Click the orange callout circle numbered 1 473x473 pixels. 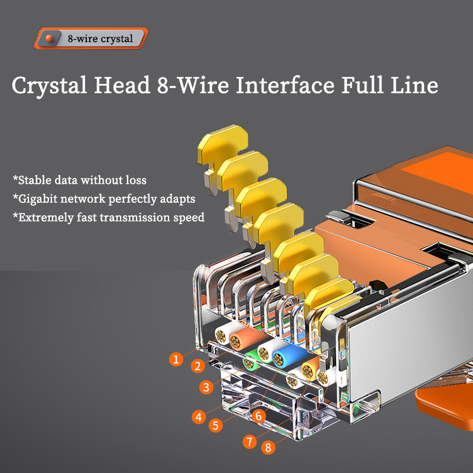point(176,359)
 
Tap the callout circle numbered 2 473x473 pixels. point(198,366)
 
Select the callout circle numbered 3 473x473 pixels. point(206,387)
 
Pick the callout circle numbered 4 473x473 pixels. point(199,417)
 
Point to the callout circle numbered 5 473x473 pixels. point(216,425)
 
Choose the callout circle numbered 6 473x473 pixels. point(258,416)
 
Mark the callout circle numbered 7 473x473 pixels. point(250,442)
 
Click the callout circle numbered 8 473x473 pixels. point(268,447)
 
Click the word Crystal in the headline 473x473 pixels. point(50,86)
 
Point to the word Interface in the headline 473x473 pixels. point(285,85)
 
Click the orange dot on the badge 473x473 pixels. point(49,38)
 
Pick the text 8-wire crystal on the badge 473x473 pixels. point(100,39)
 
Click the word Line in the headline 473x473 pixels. point(414,85)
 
